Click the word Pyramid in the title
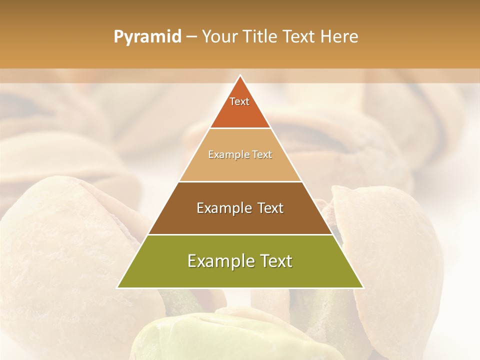(147, 37)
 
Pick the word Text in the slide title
(300, 37)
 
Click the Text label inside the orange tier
(239, 101)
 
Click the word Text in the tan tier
(262, 155)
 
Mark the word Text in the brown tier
(270, 208)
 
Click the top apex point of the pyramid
(240, 75)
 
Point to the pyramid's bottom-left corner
(117, 287)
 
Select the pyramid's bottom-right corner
(363, 287)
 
